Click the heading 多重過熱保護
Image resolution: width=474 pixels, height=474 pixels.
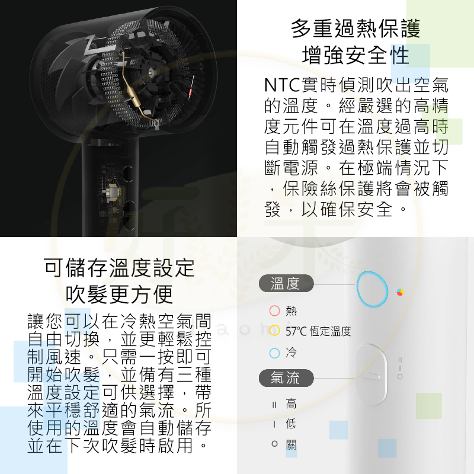pyautogui.click(x=355, y=28)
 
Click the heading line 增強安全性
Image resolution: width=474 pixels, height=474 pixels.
pyautogui.click(x=355, y=56)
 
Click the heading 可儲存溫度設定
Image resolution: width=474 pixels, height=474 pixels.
pyautogui.click(x=119, y=268)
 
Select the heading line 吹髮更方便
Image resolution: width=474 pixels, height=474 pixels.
pyautogui.click(x=119, y=294)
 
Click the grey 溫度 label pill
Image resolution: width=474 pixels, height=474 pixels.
pyautogui.click(x=286, y=284)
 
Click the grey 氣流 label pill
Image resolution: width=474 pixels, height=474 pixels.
pyautogui.click(x=286, y=377)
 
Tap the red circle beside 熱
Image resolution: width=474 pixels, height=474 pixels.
pyautogui.click(x=274, y=310)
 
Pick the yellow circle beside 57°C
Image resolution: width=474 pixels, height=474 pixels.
pyautogui.click(x=274, y=331)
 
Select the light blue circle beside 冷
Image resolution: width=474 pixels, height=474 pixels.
pyautogui.click(x=274, y=354)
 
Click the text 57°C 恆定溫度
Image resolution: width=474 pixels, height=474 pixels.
pyautogui.click(x=318, y=331)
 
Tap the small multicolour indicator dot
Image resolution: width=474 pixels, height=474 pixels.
pyautogui.click(x=401, y=292)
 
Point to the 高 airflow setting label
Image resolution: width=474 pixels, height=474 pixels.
pyautogui.click(x=291, y=405)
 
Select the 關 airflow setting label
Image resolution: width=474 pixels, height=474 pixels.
pyautogui.click(x=291, y=444)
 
